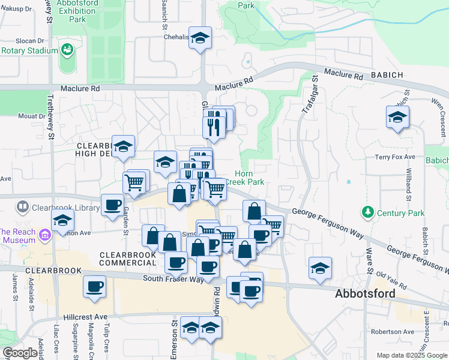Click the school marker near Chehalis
200,38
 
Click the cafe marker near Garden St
112,205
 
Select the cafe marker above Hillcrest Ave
94,286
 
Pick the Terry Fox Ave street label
395,157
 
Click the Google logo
20,353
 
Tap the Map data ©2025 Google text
412,355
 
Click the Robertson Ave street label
393,331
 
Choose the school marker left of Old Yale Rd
320,268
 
